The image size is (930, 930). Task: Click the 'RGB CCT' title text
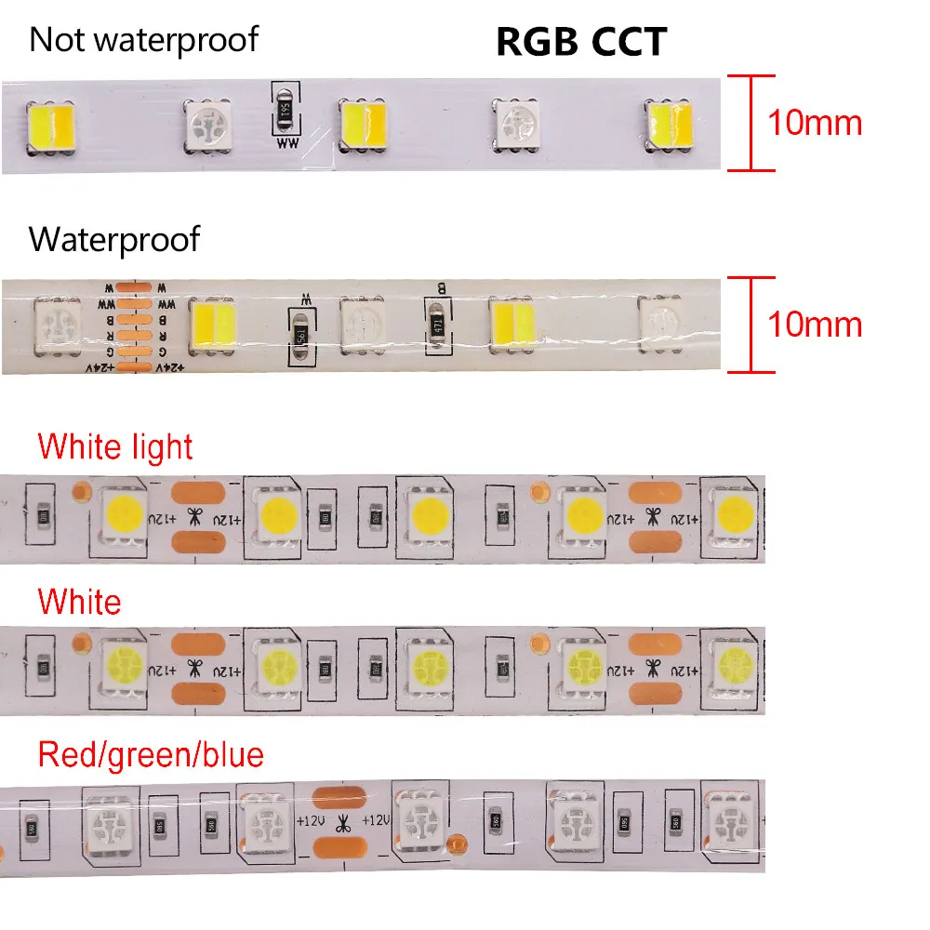[x=580, y=42]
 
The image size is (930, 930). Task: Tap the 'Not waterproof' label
[x=143, y=40]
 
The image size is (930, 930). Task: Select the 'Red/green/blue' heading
[x=151, y=754]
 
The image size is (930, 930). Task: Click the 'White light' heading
[x=115, y=446]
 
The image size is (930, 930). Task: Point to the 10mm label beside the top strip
[x=815, y=123]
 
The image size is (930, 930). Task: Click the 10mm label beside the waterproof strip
[x=815, y=325]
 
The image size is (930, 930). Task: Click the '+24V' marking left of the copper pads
[x=97, y=369]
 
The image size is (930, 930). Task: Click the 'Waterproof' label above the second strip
[x=114, y=240]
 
